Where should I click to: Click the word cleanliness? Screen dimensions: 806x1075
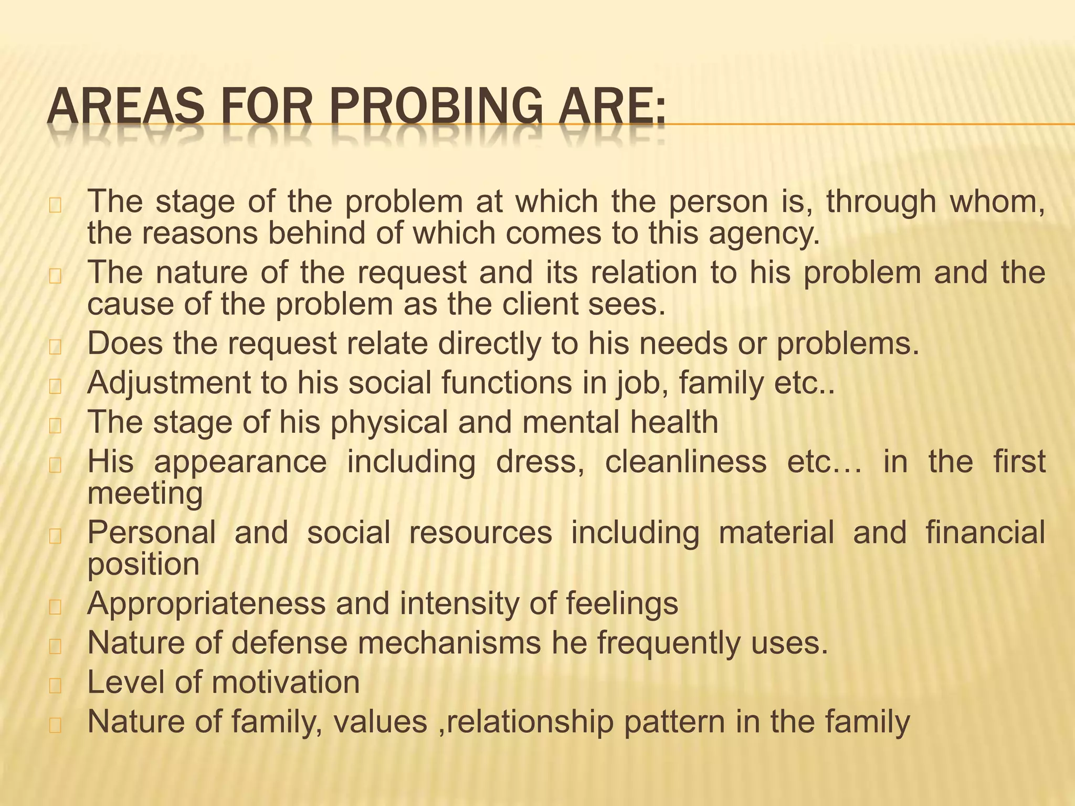tap(686, 462)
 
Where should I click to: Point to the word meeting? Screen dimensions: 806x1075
tap(145, 493)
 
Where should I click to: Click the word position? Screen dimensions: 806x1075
tap(143, 565)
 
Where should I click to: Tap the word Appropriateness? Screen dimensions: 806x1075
tap(206, 603)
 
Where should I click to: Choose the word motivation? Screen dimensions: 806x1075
tap(286, 682)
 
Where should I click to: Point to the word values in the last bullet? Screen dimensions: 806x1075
tap(381, 722)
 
